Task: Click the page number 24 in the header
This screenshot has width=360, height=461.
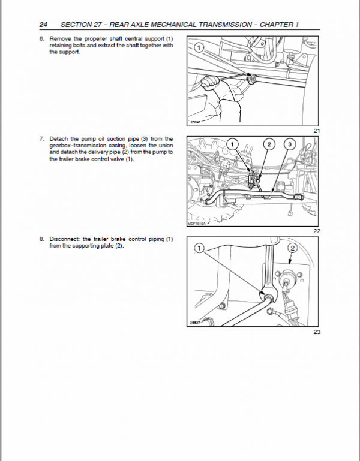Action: pyautogui.click(x=43, y=25)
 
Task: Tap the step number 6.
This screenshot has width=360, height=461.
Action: pyautogui.click(x=42, y=39)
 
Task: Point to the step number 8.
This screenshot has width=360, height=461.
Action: pyautogui.click(x=42, y=239)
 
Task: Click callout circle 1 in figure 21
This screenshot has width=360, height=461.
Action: pyautogui.click(x=199, y=46)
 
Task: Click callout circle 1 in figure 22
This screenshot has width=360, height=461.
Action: pyautogui.click(x=235, y=144)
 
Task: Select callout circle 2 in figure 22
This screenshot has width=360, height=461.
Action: pyautogui.click(x=269, y=144)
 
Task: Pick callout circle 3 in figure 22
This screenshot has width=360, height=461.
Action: pyautogui.click(x=290, y=144)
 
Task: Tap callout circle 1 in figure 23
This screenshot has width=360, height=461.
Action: pyautogui.click(x=199, y=247)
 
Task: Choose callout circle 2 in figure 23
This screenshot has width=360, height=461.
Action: pyautogui.click(x=293, y=247)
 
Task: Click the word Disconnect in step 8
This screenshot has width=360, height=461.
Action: pyautogui.click(x=65, y=239)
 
